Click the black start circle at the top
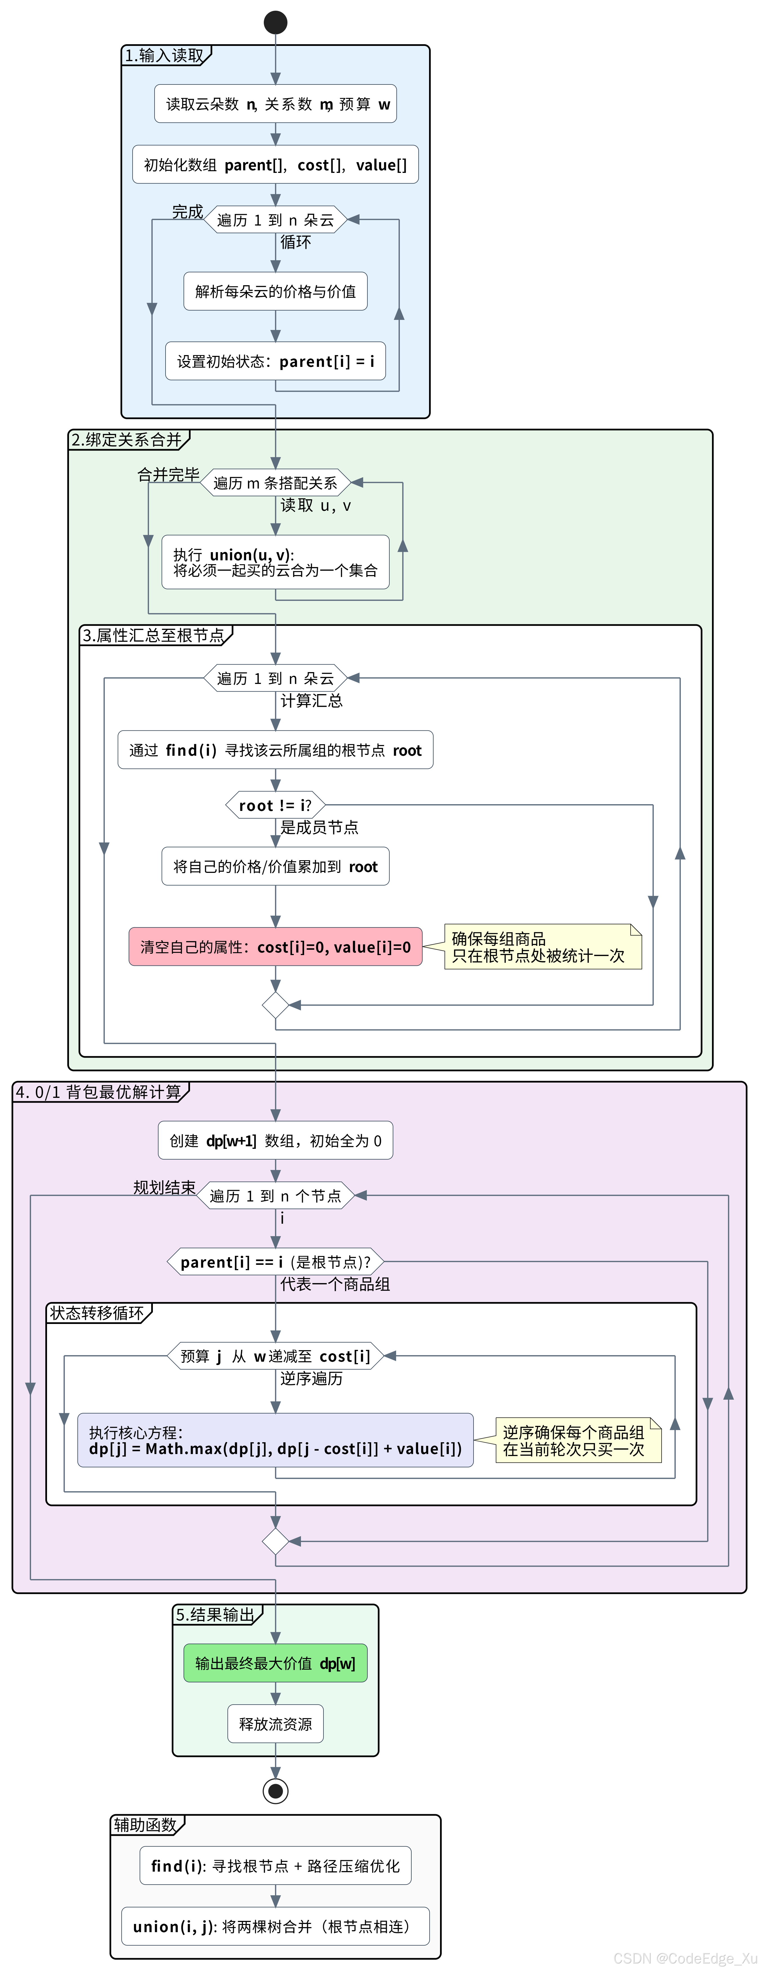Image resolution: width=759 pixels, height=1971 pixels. (x=275, y=22)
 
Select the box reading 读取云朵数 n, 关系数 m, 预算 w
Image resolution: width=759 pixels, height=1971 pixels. (x=275, y=104)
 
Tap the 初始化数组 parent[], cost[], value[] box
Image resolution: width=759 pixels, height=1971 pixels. (x=275, y=164)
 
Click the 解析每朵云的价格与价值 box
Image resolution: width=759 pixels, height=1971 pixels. (x=275, y=291)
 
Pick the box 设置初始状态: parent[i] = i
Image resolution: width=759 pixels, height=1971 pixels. (x=275, y=361)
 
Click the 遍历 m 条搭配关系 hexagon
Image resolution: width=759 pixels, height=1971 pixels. (x=275, y=483)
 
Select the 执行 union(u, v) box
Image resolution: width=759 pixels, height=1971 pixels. (x=275, y=562)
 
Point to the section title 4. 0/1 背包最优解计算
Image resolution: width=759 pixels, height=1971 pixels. (x=99, y=1092)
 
